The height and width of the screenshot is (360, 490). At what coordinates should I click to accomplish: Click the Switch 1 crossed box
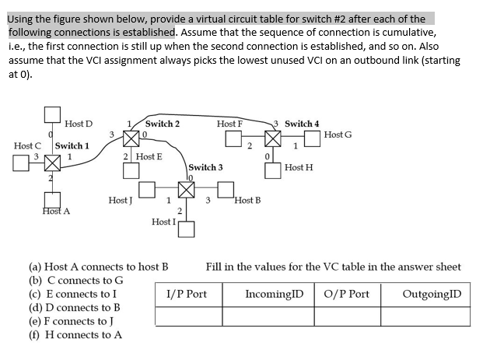pyautogui.click(x=52, y=163)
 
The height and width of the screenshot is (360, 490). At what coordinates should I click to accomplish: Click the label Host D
pyautogui.click(x=79, y=124)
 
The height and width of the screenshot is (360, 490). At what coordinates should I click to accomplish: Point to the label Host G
pyautogui.click(x=338, y=135)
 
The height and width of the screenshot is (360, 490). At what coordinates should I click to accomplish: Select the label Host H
pyautogui.click(x=299, y=167)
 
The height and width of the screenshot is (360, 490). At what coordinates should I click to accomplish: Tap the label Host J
pyautogui.click(x=121, y=201)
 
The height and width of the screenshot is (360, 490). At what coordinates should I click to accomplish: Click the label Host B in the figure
pyautogui.click(x=247, y=201)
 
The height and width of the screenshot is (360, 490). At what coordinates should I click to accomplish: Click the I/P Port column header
pyautogui.click(x=187, y=294)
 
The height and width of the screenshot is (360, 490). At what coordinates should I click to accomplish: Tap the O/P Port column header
pyautogui.click(x=348, y=294)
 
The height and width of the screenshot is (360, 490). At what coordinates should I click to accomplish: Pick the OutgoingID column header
pyautogui.click(x=432, y=294)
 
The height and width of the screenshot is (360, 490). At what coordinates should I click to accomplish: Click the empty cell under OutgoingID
pyautogui.click(x=432, y=316)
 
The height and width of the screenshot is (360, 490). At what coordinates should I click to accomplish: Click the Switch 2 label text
pyautogui.click(x=163, y=124)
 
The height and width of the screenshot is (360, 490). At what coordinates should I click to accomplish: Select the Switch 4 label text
pyautogui.click(x=302, y=124)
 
